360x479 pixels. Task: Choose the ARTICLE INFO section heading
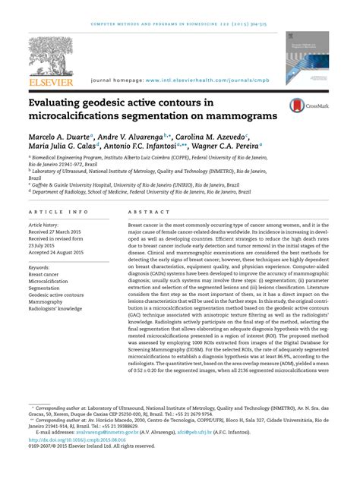(x=58, y=212)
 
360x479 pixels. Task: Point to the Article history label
(x=47, y=226)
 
